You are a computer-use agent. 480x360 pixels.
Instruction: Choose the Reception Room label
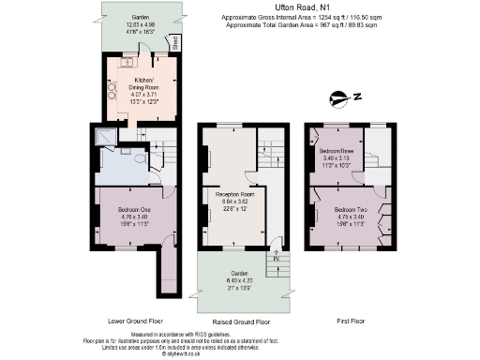231,194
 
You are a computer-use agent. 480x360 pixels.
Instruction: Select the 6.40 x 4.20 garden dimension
231,278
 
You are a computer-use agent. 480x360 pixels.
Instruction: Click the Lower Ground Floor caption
133,319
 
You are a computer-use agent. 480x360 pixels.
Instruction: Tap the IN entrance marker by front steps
277,257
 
